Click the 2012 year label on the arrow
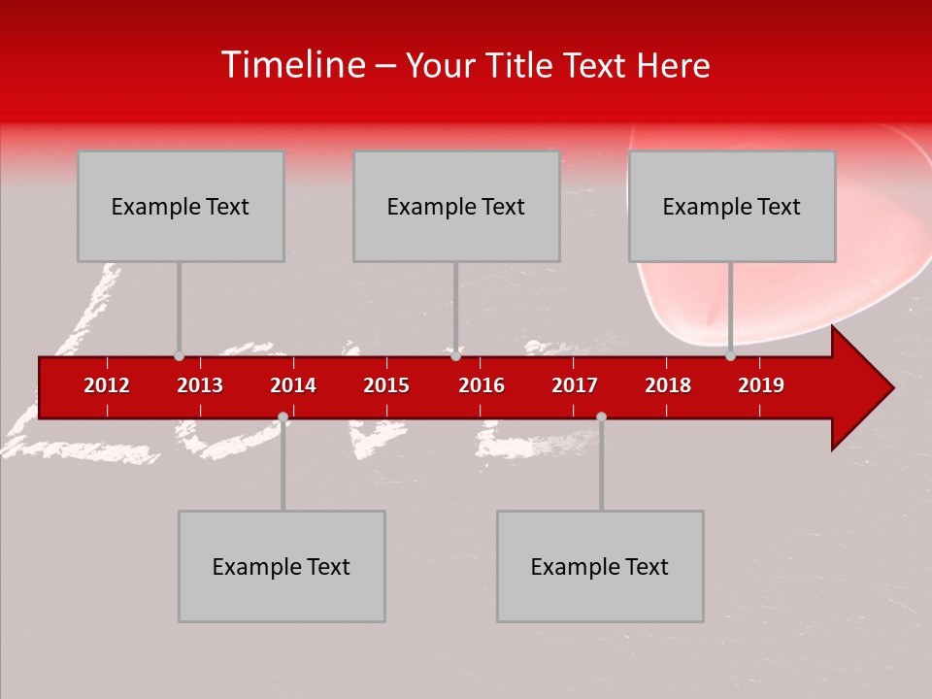click(x=107, y=385)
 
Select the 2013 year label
click(x=200, y=385)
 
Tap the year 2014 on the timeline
click(x=293, y=385)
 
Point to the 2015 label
click(x=386, y=385)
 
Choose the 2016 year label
click(x=482, y=385)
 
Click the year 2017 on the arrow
click(x=575, y=385)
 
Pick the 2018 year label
click(x=668, y=385)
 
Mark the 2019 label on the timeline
click(x=761, y=385)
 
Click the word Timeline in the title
click(x=291, y=65)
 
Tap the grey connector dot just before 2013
click(x=179, y=356)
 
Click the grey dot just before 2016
click(x=455, y=356)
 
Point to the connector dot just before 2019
click(x=730, y=356)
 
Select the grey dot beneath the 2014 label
click(x=283, y=416)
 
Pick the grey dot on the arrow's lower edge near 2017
click(x=601, y=416)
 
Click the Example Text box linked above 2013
click(x=181, y=207)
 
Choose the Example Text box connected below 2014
click(x=282, y=566)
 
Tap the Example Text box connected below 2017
click(x=600, y=566)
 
